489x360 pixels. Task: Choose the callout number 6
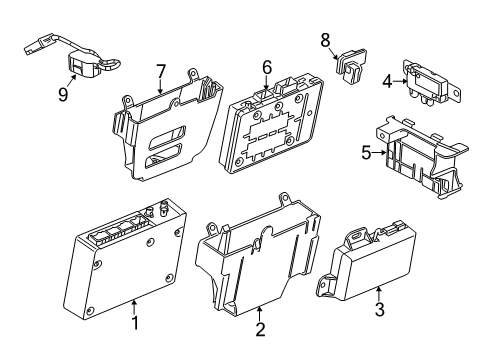267,67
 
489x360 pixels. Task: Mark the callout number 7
160,70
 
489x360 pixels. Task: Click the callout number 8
325,39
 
